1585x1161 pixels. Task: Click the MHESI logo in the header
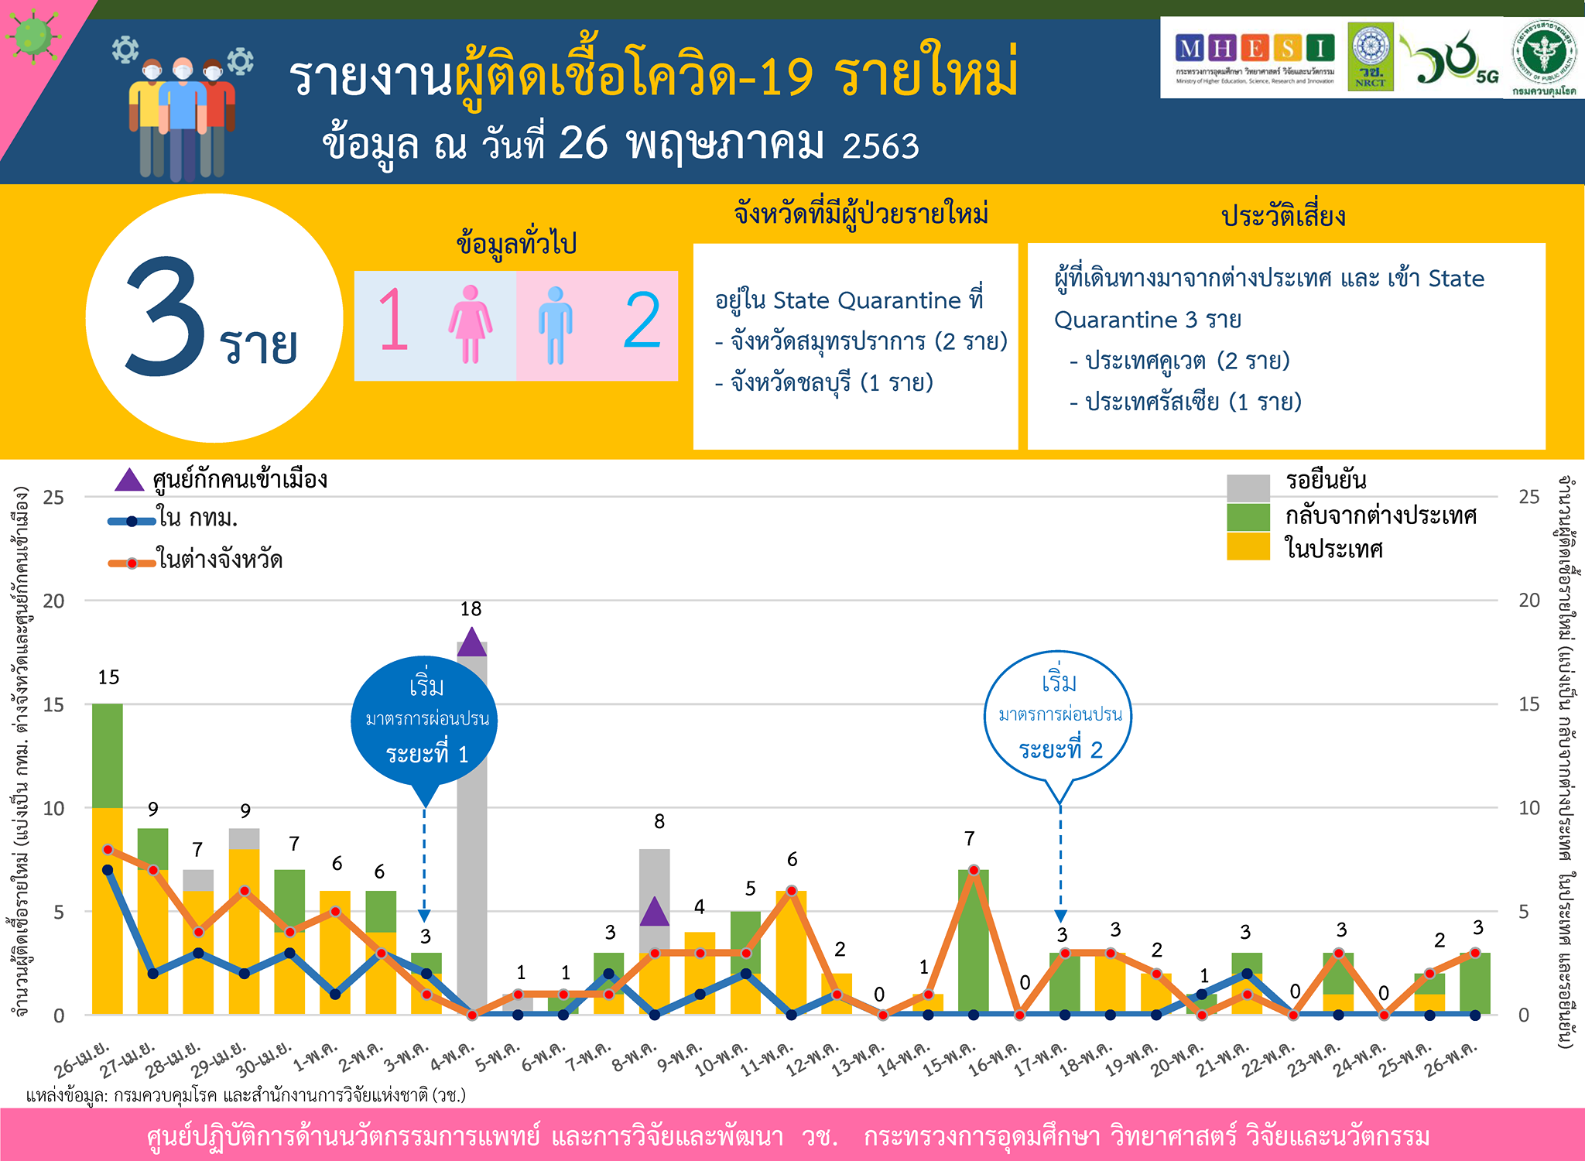point(1255,57)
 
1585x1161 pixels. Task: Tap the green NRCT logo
point(1370,56)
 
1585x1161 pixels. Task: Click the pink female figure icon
point(470,324)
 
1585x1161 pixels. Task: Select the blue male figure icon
point(555,325)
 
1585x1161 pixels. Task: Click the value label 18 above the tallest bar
point(471,610)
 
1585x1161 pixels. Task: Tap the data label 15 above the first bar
point(108,678)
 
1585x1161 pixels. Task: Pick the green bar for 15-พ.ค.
point(973,940)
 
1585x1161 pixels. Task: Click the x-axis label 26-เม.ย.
point(82,1060)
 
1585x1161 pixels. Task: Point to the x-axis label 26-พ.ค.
point(1451,1060)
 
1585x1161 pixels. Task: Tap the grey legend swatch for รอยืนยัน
point(1248,488)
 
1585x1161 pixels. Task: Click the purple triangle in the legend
point(129,481)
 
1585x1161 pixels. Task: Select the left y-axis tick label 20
point(53,601)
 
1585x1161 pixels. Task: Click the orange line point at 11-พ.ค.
point(791,892)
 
